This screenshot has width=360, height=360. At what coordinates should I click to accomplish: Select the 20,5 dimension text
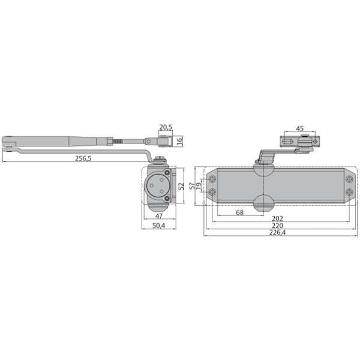point(166,127)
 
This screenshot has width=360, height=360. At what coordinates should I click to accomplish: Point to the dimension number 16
point(179,140)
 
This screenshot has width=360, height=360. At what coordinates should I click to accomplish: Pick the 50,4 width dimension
point(158,226)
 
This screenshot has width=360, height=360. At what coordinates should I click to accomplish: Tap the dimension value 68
point(239,212)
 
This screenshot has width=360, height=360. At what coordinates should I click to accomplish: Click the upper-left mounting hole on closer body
point(212,179)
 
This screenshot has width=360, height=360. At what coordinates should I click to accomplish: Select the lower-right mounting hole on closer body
point(349,193)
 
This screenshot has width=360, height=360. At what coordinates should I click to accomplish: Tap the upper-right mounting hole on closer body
point(349,179)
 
